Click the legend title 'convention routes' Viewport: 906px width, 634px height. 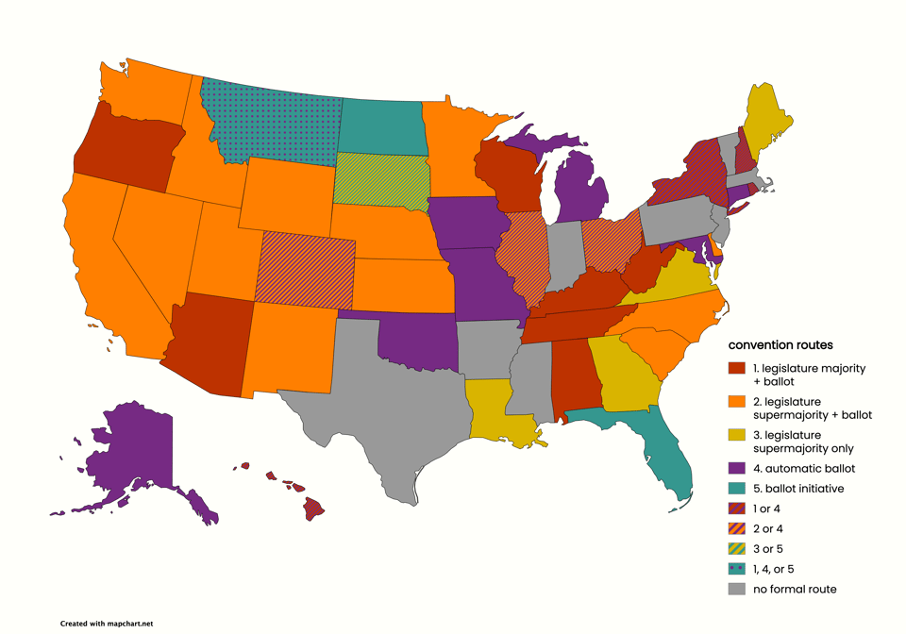[x=780, y=345]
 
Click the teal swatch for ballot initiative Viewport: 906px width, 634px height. [x=736, y=489]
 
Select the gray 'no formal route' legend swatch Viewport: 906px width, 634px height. [x=736, y=589]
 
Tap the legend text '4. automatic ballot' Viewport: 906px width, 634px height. [x=803, y=469]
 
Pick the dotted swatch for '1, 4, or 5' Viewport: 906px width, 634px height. [x=736, y=569]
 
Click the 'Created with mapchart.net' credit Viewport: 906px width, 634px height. [x=106, y=624]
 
